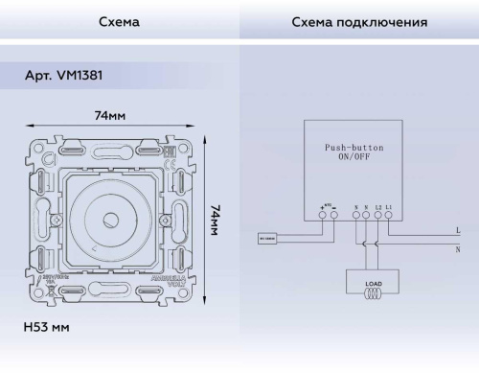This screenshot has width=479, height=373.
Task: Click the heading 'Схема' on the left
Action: point(119,20)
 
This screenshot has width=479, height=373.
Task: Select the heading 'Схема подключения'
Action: point(358,20)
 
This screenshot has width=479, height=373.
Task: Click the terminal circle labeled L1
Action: point(388,216)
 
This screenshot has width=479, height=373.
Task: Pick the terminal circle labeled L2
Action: point(377,216)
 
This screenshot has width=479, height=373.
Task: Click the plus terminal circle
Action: point(321,216)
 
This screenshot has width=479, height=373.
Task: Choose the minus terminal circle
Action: point(332,216)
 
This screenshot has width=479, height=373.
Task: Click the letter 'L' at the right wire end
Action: point(457,230)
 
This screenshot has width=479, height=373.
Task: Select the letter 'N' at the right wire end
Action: point(457,248)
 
